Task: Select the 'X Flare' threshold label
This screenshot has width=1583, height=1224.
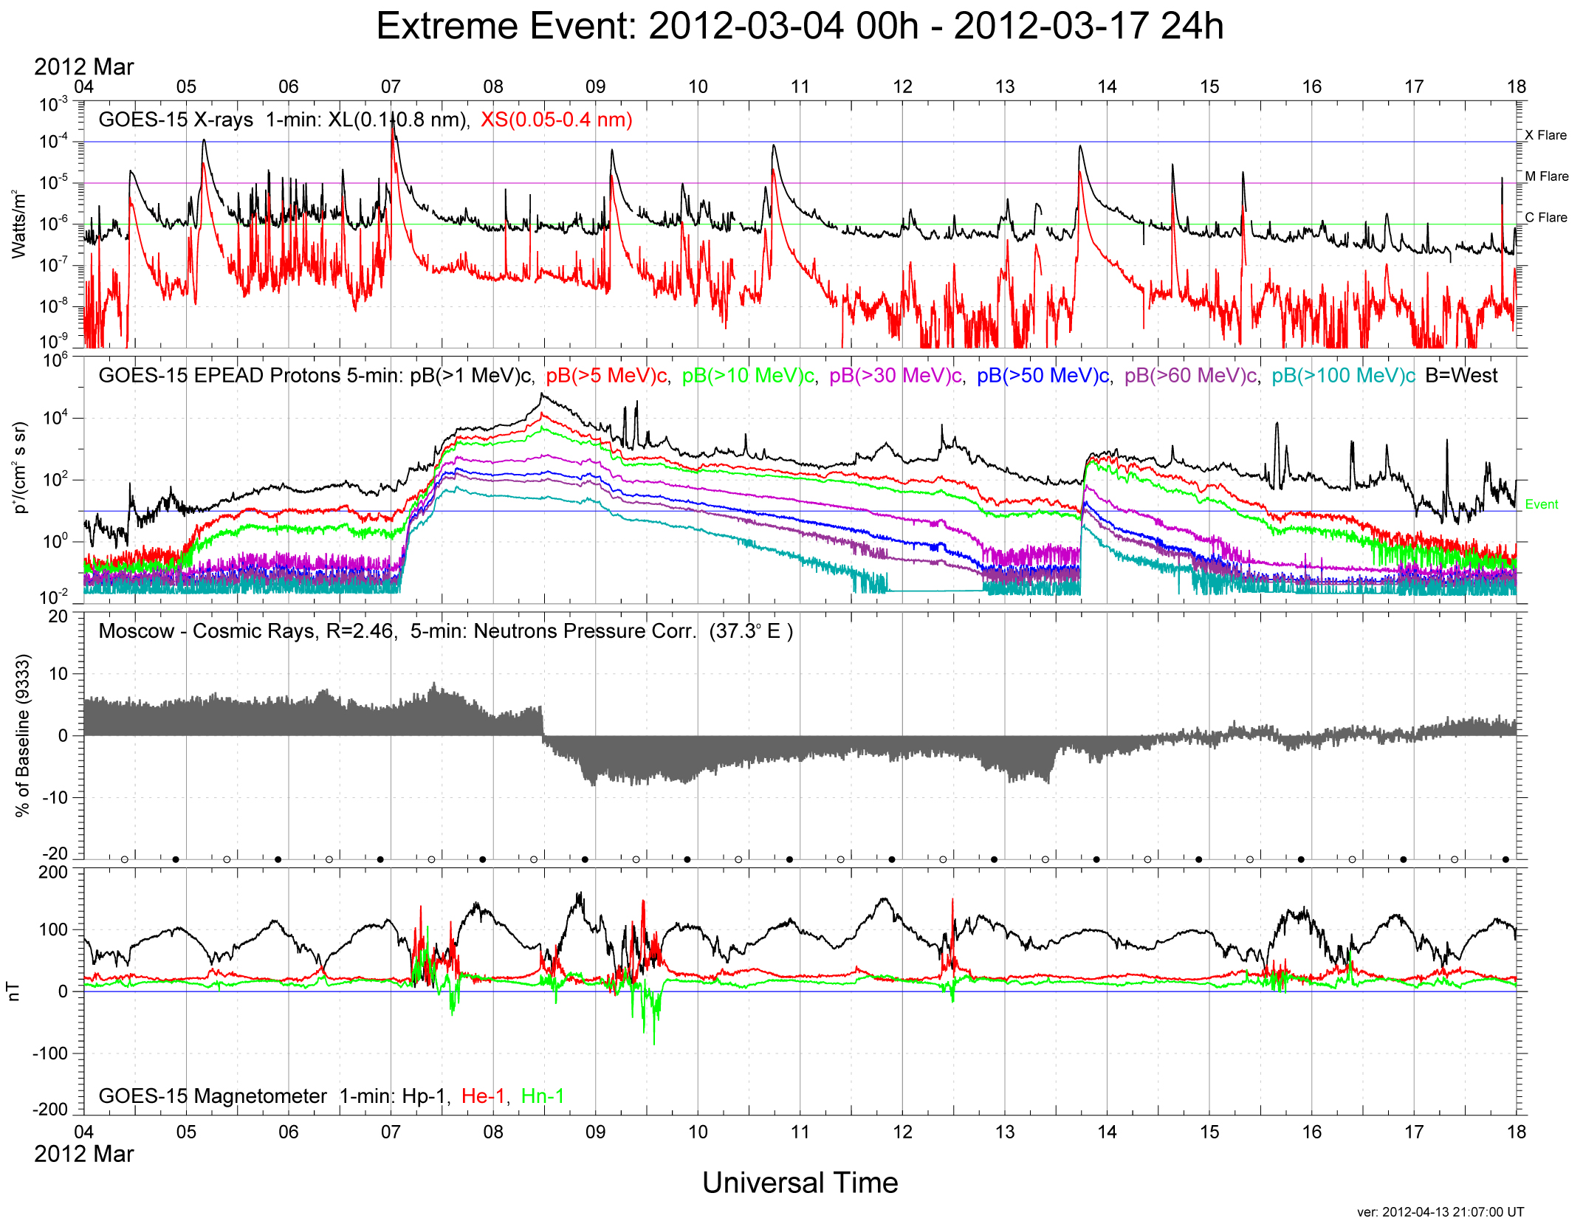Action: point(1545,135)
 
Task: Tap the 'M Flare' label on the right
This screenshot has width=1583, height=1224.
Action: point(1546,176)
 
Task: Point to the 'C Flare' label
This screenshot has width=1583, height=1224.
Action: point(1545,218)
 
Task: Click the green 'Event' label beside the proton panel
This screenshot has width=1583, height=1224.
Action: point(1542,505)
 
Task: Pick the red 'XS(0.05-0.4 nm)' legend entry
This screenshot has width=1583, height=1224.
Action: point(556,120)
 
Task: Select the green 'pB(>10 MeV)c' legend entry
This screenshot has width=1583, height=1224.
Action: point(747,376)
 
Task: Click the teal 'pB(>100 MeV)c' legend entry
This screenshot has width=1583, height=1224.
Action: point(1343,376)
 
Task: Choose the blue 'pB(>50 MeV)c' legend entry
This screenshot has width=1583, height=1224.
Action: point(1043,376)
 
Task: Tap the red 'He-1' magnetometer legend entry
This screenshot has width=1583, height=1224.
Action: point(483,1096)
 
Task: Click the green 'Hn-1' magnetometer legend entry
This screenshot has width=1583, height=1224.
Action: point(543,1096)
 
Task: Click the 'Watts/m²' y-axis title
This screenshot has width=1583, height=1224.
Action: point(19,224)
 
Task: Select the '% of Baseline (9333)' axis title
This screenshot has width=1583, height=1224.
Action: point(23,735)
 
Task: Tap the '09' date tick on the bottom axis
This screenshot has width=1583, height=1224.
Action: point(595,1132)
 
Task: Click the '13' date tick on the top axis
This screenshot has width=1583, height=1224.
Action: point(1005,87)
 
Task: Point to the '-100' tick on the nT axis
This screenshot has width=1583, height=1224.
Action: point(49,1053)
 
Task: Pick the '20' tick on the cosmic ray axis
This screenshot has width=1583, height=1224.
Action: point(58,616)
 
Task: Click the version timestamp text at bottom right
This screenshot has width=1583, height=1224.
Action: point(1440,1212)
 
